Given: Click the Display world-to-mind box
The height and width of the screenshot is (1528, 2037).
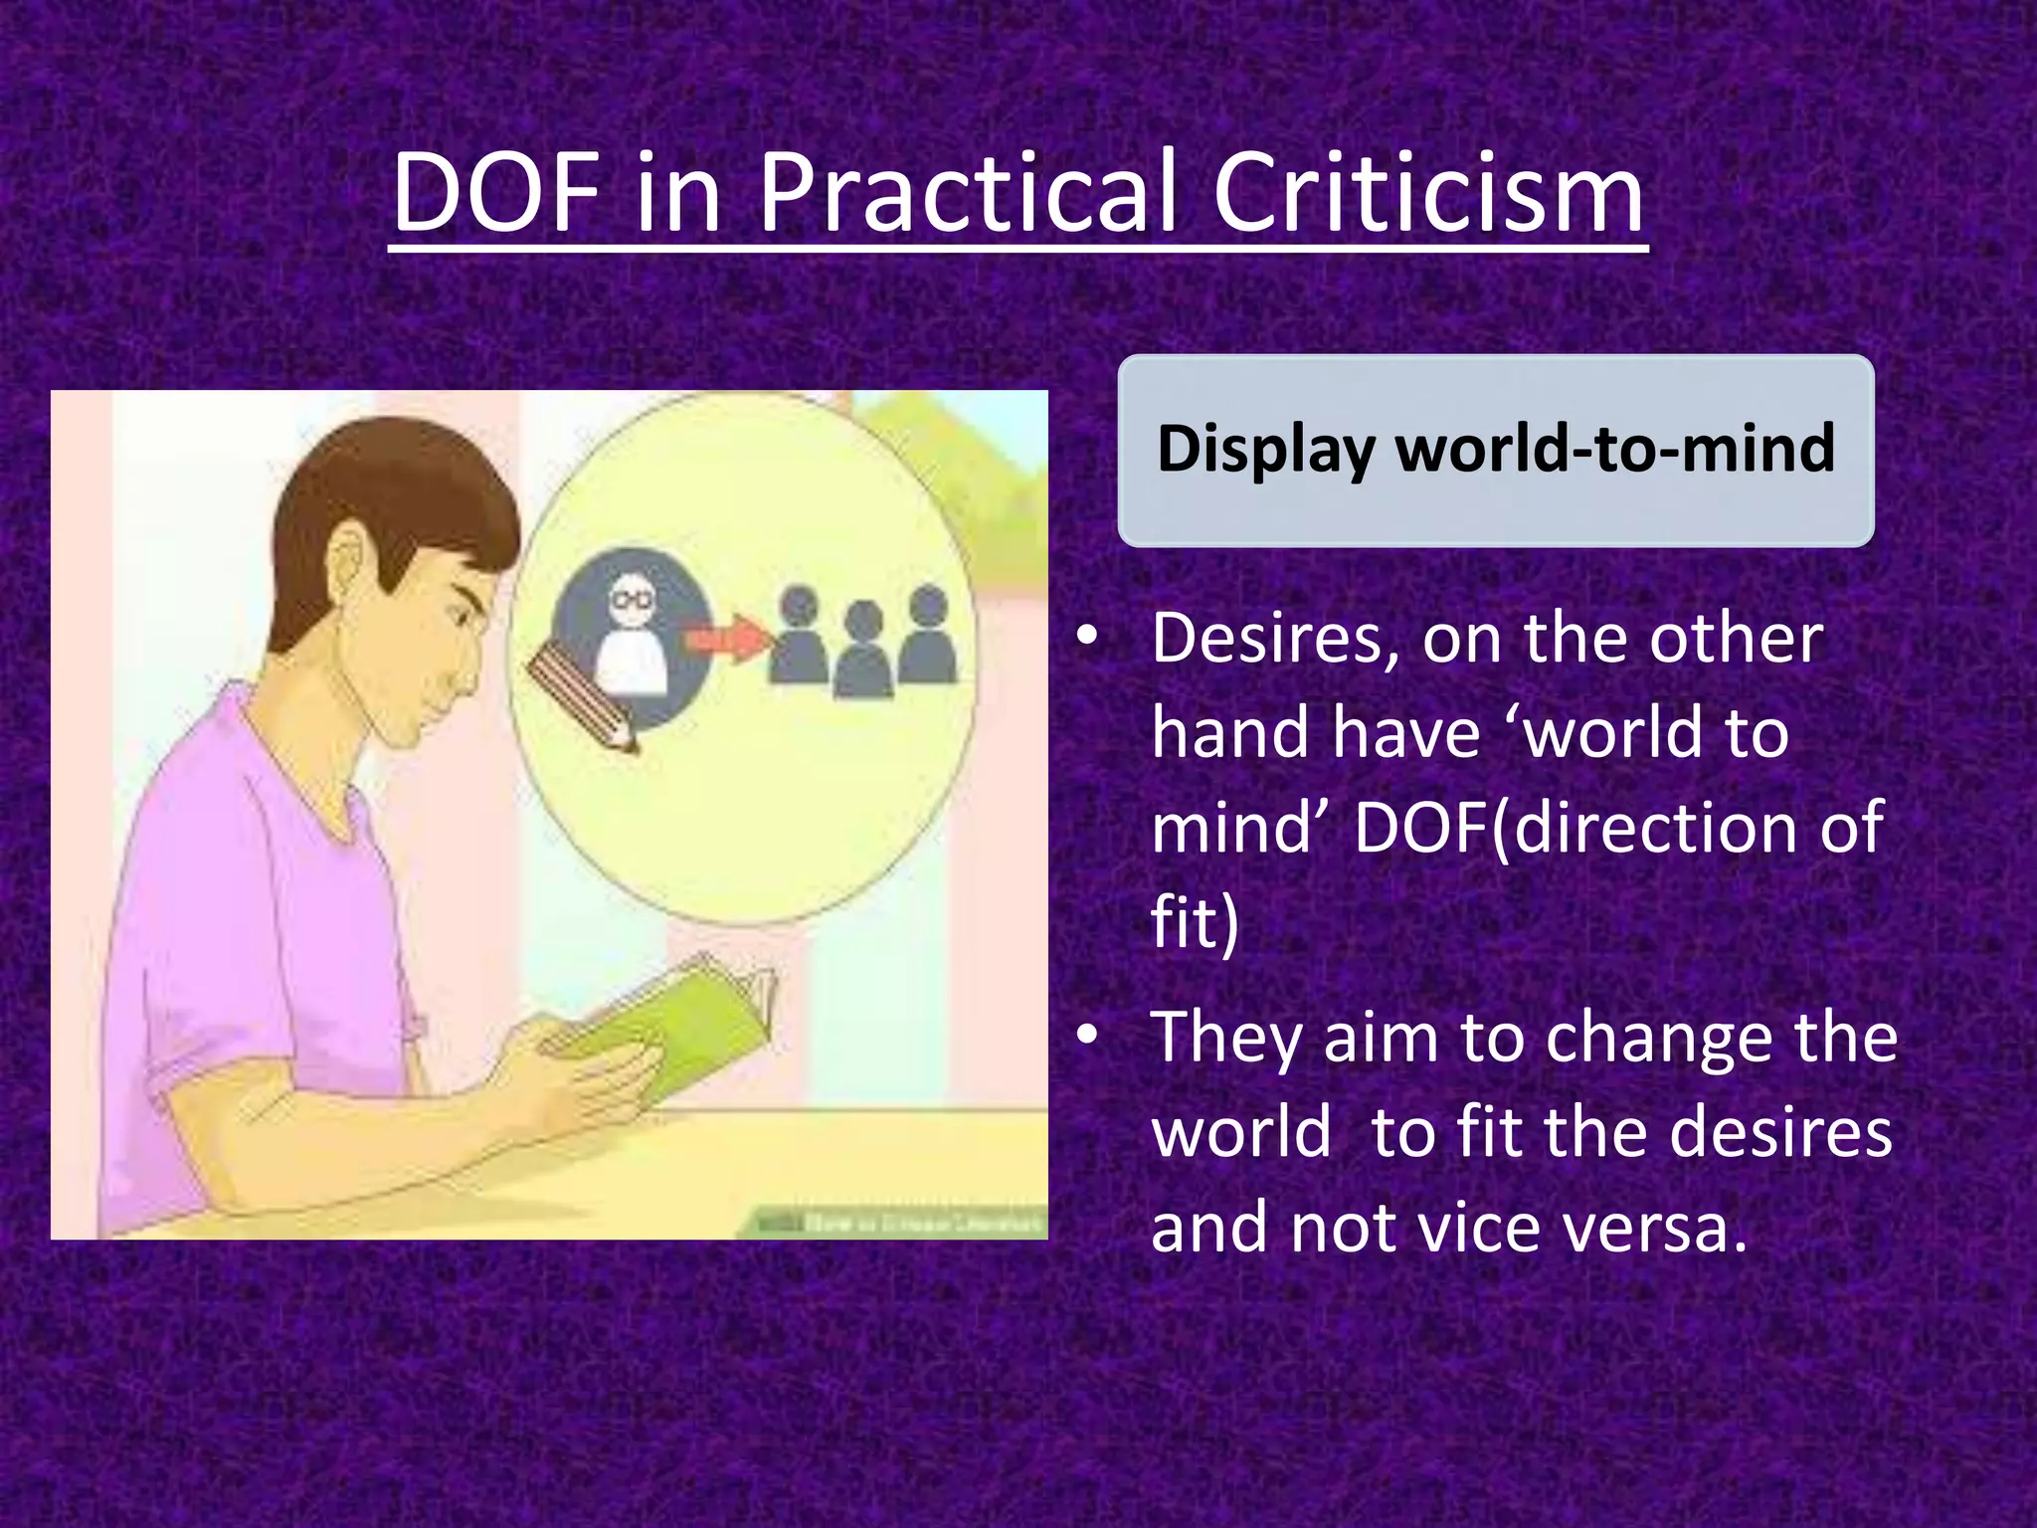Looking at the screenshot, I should [1495, 450].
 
